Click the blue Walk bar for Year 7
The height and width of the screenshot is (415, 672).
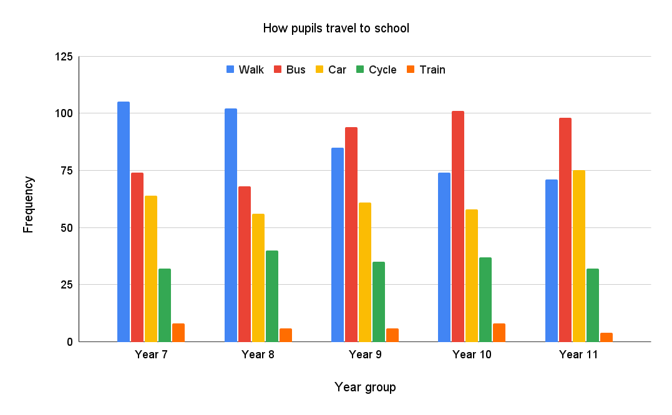[124, 221]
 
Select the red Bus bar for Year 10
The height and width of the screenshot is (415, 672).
[458, 226]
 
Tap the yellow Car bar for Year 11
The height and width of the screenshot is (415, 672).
[579, 255]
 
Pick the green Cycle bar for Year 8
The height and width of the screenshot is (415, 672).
[272, 296]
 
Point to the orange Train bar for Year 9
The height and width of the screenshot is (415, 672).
[392, 335]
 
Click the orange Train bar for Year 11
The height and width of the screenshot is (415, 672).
[606, 337]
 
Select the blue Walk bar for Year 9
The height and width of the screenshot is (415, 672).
[338, 244]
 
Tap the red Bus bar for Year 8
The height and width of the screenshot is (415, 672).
[245, 264]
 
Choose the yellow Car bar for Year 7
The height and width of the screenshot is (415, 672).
[151, 269]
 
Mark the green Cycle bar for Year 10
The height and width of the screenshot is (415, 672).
[485, 300]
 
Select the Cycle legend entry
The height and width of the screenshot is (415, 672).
[376, 70]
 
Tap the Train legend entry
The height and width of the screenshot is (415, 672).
[426, 70]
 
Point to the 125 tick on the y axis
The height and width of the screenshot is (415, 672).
[64, 57]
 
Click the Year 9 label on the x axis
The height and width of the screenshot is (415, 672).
[364, 355]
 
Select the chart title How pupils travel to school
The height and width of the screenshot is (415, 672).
[336, 28]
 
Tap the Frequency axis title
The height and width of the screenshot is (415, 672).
[28, 204]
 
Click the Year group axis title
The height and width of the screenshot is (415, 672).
[365, 387]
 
